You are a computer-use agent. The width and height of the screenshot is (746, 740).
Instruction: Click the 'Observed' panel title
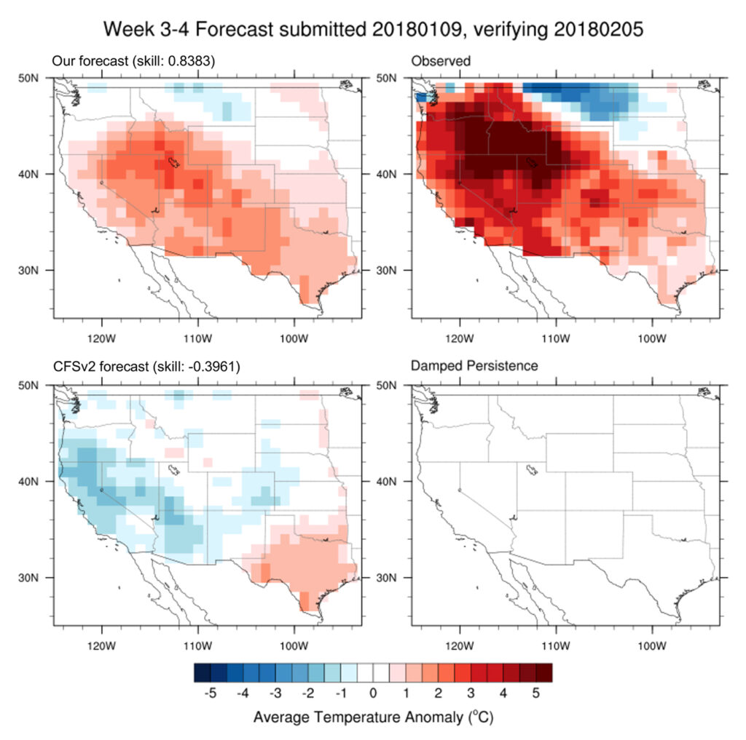coord(441,61)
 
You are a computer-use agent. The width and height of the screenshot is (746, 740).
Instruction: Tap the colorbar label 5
coord(535,693)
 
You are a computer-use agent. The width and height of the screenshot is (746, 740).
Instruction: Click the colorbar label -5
coord(210,693)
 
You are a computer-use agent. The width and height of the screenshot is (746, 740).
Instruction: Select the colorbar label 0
coord(373,693)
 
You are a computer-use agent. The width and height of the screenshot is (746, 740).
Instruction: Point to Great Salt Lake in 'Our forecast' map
coord(173,162)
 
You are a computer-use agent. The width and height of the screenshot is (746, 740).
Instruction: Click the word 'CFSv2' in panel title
coord(71,366)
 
